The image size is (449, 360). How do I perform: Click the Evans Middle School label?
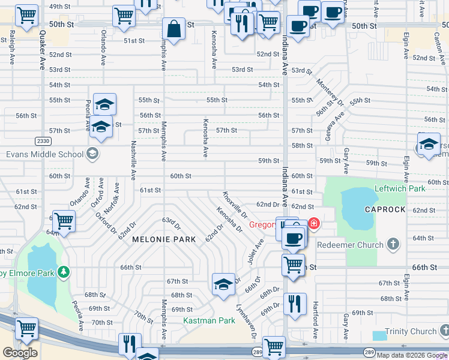pos(45,154)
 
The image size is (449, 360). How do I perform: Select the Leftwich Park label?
pos(400,188)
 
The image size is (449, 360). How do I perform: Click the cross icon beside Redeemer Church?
pos(393,244)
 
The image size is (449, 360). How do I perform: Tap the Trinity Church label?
pos(411,331)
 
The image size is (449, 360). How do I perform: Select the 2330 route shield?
pos(43,140)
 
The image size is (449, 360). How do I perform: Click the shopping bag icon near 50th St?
pos(173,29)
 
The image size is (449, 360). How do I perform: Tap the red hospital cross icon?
pos(314,224)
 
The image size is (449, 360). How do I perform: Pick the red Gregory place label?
pos(262,225)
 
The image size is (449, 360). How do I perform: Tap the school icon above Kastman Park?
pos(223,284)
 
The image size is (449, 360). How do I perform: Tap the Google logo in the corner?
pos(20,353)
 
